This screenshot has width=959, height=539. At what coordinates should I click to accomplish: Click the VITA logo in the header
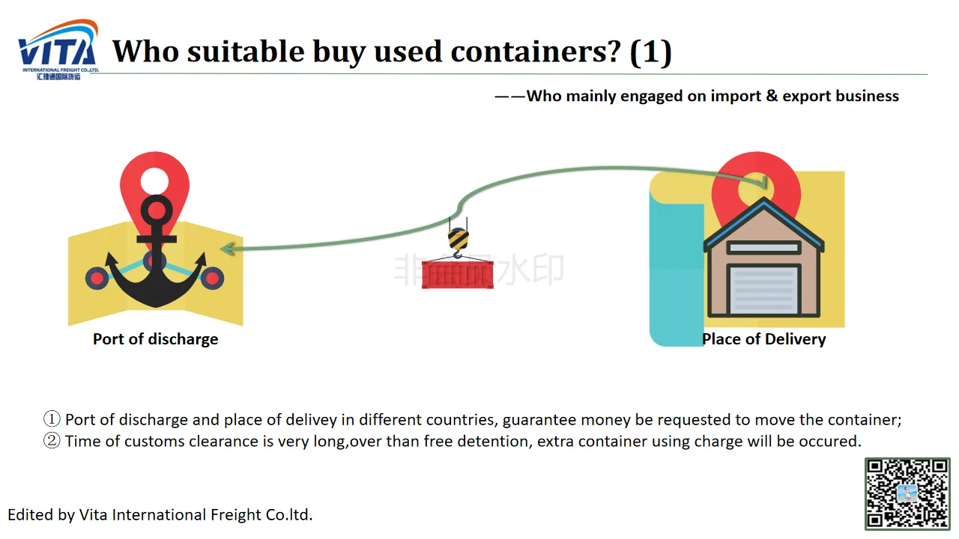[x=58, y=49]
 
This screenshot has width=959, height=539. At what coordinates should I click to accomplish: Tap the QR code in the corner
[x=907, y=494]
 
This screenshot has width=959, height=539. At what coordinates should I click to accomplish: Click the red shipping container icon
[x=457, y=274]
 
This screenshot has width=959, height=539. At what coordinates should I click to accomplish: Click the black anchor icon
[x=156, y=255]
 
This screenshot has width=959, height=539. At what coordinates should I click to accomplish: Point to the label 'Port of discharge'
[x=155, y=339]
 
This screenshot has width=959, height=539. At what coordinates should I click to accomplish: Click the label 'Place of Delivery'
[x=763, y=339]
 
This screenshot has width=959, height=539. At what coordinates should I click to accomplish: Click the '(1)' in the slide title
[x=650, y=52]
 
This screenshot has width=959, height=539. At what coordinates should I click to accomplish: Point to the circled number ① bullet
[x=51, y=419]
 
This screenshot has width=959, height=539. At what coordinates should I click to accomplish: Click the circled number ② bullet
[x=51, y=441]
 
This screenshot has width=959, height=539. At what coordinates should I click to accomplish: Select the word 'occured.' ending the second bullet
[x=832, y=441]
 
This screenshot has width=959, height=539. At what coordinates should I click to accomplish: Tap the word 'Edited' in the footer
[x=30, y=515]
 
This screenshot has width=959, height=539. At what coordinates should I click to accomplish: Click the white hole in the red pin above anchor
[x=154, y=180]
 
